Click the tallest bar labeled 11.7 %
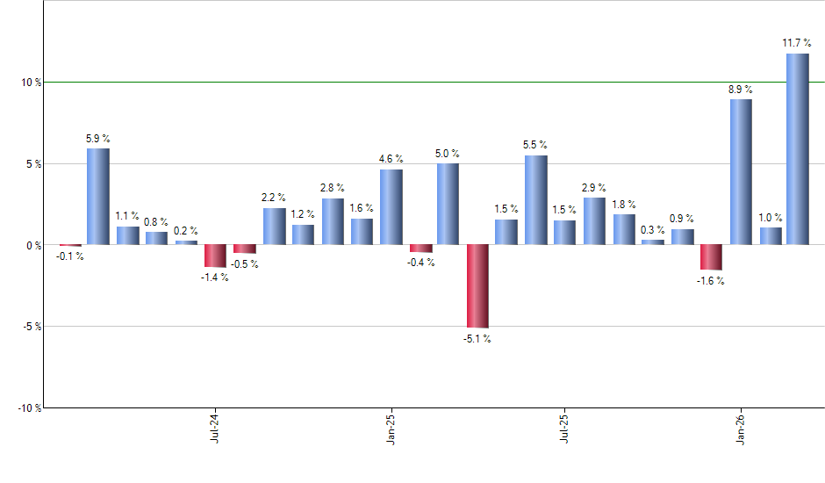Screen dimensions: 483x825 click(x=797, y=149)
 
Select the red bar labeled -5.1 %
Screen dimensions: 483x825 click(x=477, y=286)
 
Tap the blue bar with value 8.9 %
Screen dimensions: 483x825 click(x=741, y=172)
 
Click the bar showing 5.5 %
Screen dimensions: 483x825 click(x=535, y=200)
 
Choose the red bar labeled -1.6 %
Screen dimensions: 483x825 click(x=711, y=257)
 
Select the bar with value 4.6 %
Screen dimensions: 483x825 click(x=391, y=207)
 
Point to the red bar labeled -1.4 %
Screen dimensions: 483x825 click(x=215, y=256)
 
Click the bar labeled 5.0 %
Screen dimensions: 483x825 click(x=448, y=204)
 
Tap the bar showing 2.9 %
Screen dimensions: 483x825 click(x=594, y=221)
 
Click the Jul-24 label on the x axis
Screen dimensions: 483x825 click(x=215, y=429)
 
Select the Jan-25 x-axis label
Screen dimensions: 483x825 click(x=391, y=429)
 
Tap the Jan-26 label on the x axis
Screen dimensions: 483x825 click(x=740, y=429)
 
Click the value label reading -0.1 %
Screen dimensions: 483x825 click(x=70, y=257)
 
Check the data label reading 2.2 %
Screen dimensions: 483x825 click(x=273, y=198)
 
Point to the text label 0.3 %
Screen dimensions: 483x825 click(x=652, y=229)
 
